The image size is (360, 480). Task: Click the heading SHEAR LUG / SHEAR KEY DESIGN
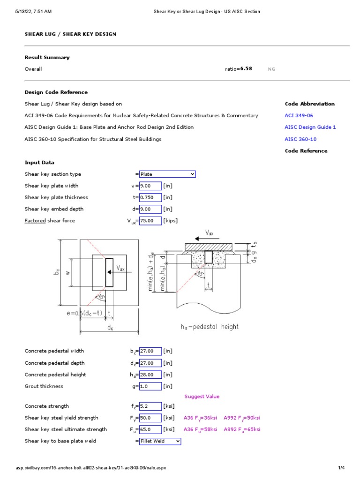(x=70, y=34)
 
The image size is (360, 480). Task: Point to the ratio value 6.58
(x=246, y=68)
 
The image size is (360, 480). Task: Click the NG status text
(x=271, y=69)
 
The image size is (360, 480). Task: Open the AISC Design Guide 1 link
(x=310, y=127)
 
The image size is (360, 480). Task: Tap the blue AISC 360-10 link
(x=300, y=139)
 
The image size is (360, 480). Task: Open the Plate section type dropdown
(x=167, y=174)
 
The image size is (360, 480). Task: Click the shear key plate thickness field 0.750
(x=150, y=197)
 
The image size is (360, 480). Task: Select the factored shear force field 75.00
(x=150, y=221)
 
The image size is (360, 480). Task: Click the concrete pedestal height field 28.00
(x=150, y=375)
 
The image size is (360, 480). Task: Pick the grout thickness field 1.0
(x=150, y=386)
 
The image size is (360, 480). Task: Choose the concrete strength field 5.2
(x=150, y=406)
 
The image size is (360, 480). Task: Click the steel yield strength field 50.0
(x=150, y=418)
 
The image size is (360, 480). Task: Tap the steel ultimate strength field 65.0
(x=150, y=429)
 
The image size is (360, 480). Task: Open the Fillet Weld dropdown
(x=160, y=441)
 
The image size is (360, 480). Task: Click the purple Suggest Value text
(x=202, y=397)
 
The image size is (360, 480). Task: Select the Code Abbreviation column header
(x=309, y=104)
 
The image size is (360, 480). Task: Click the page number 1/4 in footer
(x=341, y=468)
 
